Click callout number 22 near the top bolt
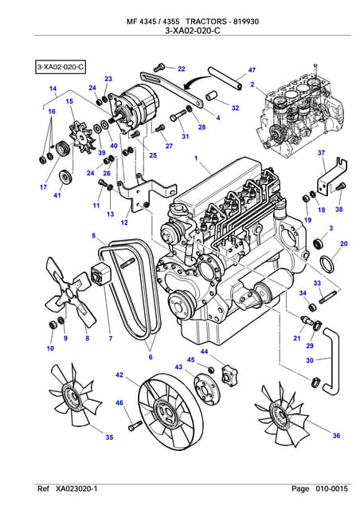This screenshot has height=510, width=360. (181, 69)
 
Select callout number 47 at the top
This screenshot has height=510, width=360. (252, 71)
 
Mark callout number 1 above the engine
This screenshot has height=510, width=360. (195, 159)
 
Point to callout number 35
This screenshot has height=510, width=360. (109, 437)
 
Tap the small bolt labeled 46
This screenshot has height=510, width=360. (134, 424)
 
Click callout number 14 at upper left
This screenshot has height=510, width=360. (53, 88)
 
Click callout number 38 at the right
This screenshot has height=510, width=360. (338, 210)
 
